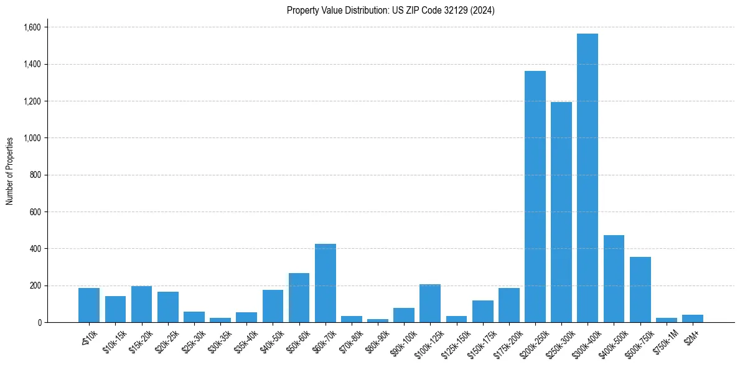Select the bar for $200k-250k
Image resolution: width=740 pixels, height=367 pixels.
coord(535,197)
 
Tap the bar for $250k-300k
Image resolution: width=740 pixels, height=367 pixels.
coord(561,212)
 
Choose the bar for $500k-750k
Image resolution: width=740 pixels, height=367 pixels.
coord(640,289)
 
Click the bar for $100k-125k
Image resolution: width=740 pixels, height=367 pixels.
coord(429,303)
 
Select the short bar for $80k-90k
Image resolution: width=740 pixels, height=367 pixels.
coord(377,320)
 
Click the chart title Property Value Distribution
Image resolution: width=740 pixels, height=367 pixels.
coord(390,11)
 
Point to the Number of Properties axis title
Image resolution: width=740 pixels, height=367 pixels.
coord(10,171)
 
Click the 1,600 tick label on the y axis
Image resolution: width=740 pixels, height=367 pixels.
coord(32,27)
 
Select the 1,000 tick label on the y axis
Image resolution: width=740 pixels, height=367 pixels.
coord(32,138)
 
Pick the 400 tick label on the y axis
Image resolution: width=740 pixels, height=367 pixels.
coord(35,249)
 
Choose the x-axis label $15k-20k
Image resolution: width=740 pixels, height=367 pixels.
coord(139,339)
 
